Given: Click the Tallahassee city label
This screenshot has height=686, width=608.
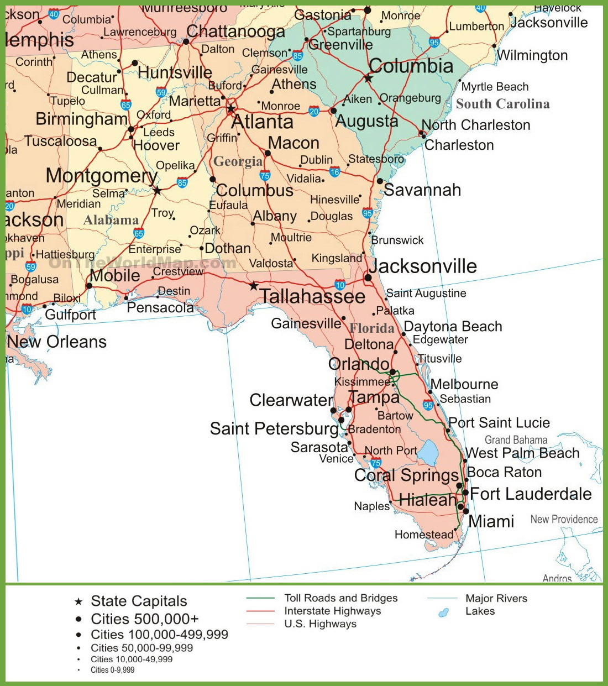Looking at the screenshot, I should click(x=312, y=296).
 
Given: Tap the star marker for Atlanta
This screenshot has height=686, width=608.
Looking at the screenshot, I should click(x=231, y=108).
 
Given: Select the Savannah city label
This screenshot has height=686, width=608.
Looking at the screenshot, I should click(x=422, y=190).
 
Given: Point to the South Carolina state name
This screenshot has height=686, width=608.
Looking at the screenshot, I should click(x=502, y=104).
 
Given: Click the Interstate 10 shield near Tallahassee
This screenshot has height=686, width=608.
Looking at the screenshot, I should click(x=340, y=285).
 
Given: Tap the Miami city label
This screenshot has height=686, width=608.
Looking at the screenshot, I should click(x=491, y=521).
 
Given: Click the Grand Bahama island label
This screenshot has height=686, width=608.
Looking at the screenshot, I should click(x=516, y=440).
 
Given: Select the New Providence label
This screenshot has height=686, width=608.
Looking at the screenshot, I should click(x=564, y=519).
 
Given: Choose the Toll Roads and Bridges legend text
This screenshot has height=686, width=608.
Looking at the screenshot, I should click(x=340, y=598).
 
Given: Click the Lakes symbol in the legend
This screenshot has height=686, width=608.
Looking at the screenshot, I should click(x=443, y=612).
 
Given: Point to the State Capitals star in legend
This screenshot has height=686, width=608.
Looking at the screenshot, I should click(x=78, y=601).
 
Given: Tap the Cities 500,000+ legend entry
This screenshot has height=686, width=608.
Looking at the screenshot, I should click(x=144, y=619).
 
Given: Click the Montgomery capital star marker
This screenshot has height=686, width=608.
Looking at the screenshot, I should click(x=158, y=191).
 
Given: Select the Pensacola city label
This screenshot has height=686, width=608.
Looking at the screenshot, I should click(x=160, y=307).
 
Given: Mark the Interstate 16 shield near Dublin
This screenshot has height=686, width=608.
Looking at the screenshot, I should click(x=334, y=172).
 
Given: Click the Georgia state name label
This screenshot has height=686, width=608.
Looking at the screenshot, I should click(x=238, y=161).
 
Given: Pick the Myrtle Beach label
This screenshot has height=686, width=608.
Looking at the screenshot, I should click(x=495, y=87).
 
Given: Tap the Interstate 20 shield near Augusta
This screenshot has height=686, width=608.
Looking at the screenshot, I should click(x=314, y=111).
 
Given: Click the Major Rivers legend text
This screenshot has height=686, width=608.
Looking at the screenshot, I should click(x=496, y=598).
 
